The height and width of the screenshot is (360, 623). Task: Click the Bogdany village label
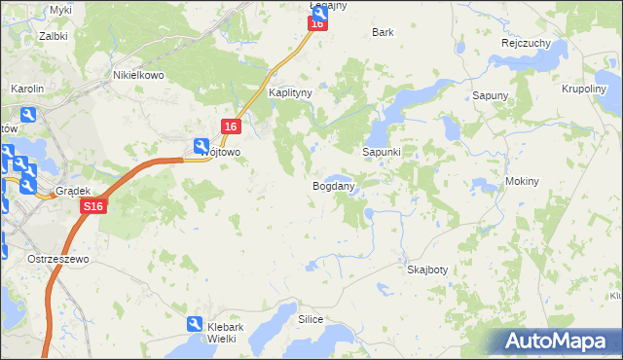[x=332, y=185]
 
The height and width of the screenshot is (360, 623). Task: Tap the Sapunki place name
[x=383, y=153]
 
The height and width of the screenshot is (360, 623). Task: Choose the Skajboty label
[x=427, y=270]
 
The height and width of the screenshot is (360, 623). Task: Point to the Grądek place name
[x=72, y=191]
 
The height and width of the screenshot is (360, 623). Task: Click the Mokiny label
[x=523, y=182]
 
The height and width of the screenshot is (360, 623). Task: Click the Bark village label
[x=383, y=32]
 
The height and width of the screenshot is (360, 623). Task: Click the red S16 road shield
[x=92, y=207]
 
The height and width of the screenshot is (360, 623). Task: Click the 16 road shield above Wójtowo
[x=231, y=126]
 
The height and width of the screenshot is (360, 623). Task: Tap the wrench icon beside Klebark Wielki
[x=195, y=325]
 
